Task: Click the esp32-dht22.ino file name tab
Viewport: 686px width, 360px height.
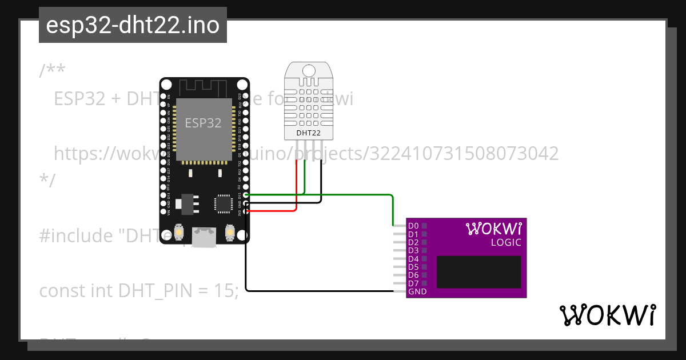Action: tap(133, 25)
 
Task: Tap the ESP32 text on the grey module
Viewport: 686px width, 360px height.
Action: tap(203, 123)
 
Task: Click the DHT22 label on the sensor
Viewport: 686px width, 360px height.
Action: tap(308, 134)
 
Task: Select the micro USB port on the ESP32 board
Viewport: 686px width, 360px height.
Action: tap(204, 238)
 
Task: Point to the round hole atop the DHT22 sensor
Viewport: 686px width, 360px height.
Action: tap(308, 71)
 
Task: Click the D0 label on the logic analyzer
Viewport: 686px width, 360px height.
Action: tap(413, 226)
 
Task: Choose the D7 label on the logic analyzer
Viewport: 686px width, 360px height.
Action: tap(413, 283)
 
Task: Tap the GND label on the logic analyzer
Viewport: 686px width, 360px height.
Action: tap(417, 291)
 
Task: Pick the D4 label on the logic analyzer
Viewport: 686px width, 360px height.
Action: tap(413, 259)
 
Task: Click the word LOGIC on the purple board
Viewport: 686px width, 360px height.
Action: tap(506, 242)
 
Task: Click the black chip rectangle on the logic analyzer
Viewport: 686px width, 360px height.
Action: tap(479, 271)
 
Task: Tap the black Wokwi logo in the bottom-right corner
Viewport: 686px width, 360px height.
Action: tap(607, 315)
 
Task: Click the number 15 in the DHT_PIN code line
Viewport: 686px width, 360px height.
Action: tap(225, 291)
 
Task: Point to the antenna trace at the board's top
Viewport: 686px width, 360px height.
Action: tap(204, 87)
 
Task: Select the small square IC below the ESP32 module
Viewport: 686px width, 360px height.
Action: tap(223, 203)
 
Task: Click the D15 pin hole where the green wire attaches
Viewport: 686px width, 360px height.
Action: tap(246, 195)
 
